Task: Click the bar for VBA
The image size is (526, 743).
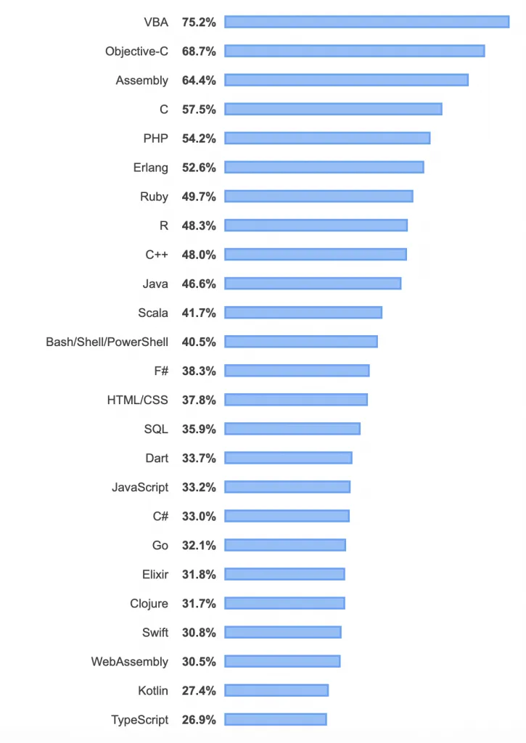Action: (366, 22)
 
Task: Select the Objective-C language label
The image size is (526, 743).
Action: (136, 51)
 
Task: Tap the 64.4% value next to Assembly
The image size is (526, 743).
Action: (199, 81)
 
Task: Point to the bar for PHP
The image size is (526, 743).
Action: (327, 138)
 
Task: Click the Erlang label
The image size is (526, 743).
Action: (150, 168)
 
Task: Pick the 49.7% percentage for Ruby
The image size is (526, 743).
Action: (199, 197)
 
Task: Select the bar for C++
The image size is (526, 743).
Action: (316, 254)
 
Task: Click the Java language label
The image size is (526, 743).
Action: (155, 284)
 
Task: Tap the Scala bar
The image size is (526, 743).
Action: (303, 312)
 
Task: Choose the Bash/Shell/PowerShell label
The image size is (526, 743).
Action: (107, 342)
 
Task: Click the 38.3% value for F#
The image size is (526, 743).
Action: (199, 371)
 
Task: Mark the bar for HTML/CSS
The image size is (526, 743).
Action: (296, 399)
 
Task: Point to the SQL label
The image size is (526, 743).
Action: (156, 429)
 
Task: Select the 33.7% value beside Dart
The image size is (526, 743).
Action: (199, 458)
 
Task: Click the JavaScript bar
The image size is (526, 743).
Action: (287, 486)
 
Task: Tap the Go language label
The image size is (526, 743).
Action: (160, 545)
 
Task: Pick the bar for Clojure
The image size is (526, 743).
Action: (284, 603)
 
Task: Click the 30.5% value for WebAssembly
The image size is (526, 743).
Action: (199, 662)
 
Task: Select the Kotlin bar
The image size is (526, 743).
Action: (276, 690)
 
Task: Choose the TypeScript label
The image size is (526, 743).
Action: (139, 720)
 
